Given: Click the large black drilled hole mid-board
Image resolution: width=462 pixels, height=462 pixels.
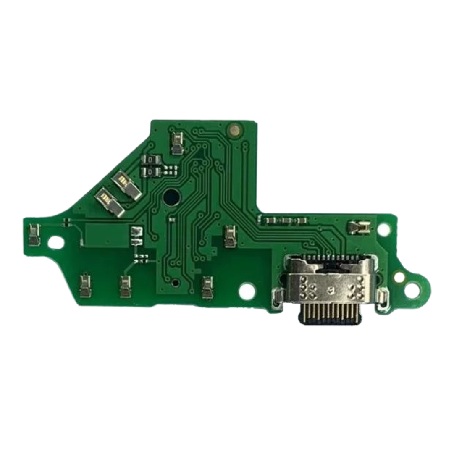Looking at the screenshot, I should coord(171,195).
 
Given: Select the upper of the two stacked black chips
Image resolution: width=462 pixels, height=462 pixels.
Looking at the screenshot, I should coord(152,159).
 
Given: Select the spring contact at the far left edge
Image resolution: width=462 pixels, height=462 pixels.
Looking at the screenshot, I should coord(34,234).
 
